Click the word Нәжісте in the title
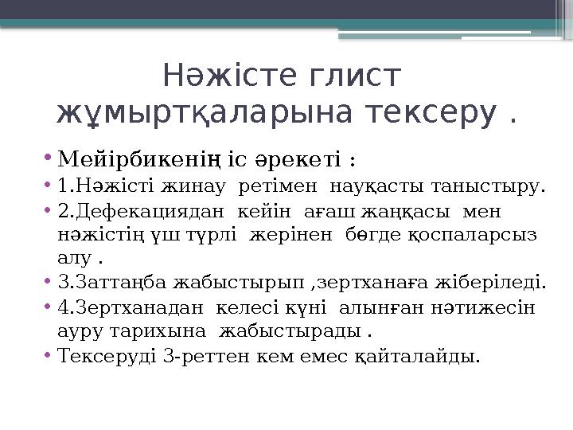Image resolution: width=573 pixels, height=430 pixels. (224, 77)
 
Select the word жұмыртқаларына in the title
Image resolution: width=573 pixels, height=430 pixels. (205, 114)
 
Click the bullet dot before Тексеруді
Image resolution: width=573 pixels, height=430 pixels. (49, 355)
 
